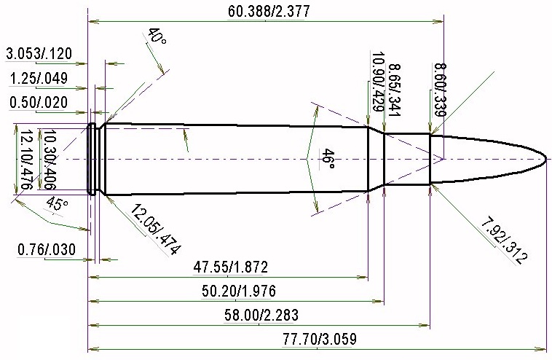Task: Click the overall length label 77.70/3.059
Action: tap(320, 339)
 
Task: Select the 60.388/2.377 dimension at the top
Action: tap(269, 11)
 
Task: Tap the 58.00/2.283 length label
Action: tap(261, 315)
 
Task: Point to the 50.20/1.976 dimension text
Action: tap(239, 291)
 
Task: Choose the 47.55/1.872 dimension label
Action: tap(231, 267)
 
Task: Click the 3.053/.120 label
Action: tap(39, 54)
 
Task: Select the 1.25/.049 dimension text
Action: tap(39, 78)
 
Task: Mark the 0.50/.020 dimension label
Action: tap(39, 103)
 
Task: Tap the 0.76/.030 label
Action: tap(47, 249)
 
